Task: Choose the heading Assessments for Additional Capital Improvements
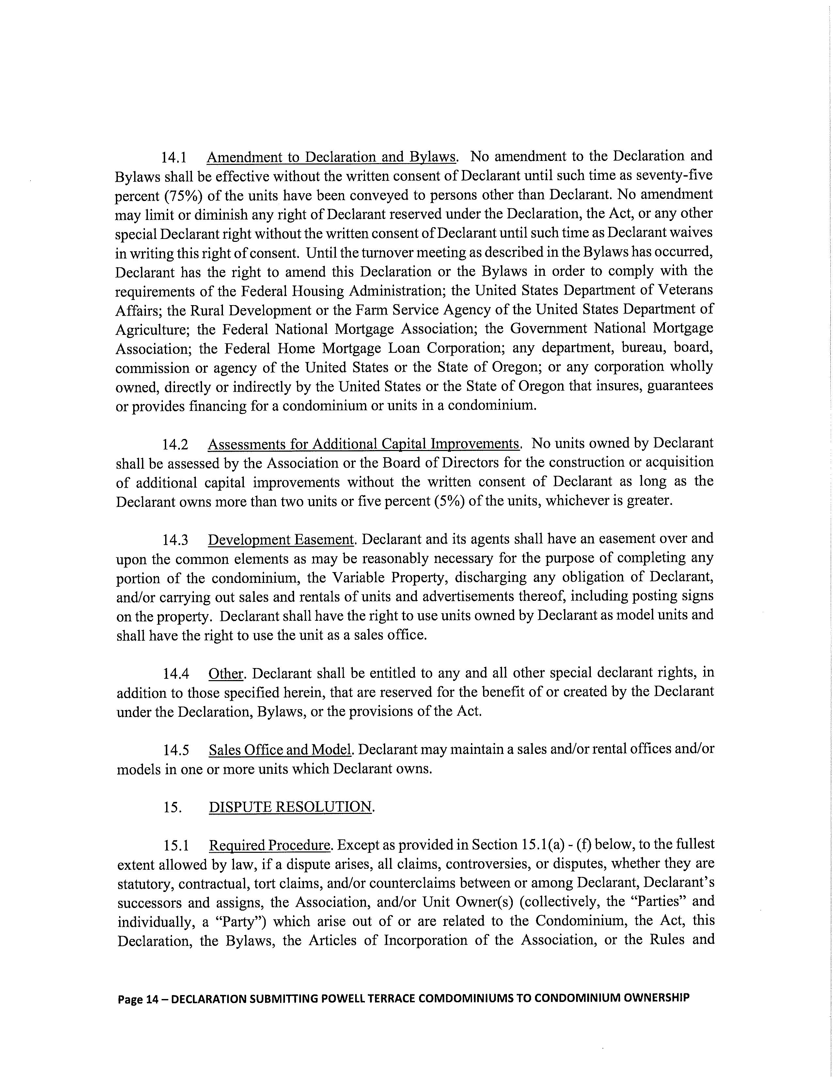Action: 364,444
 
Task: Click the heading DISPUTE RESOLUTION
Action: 290,807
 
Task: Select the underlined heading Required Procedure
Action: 269,846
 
